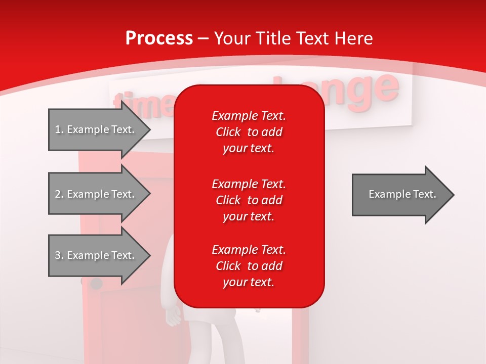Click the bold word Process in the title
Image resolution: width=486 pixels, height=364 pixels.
[159, 38]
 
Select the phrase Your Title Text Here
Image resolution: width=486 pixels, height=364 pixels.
[293, 38]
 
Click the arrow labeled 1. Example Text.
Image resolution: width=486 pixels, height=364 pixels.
[96, 129]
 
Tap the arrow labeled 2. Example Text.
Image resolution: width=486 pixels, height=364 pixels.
[96, 194]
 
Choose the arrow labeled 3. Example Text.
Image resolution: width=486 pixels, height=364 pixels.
[96, 255]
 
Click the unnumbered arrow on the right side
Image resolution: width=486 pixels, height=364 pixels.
[400, 194]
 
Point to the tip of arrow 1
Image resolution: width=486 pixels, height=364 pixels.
[149, 130]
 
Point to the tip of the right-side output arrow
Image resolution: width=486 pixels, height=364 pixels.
[453, 195]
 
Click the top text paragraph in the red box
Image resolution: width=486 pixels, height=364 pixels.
[249, 132]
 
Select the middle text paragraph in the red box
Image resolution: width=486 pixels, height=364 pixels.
[249, 200]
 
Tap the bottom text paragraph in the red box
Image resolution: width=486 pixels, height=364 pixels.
[249, 266]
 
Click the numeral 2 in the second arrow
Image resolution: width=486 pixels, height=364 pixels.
[58, 194]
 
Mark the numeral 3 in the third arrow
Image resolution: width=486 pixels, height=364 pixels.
[58, 255]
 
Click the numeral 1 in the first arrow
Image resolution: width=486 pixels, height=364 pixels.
[58, 129]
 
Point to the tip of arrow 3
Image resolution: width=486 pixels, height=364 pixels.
[149, 256]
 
